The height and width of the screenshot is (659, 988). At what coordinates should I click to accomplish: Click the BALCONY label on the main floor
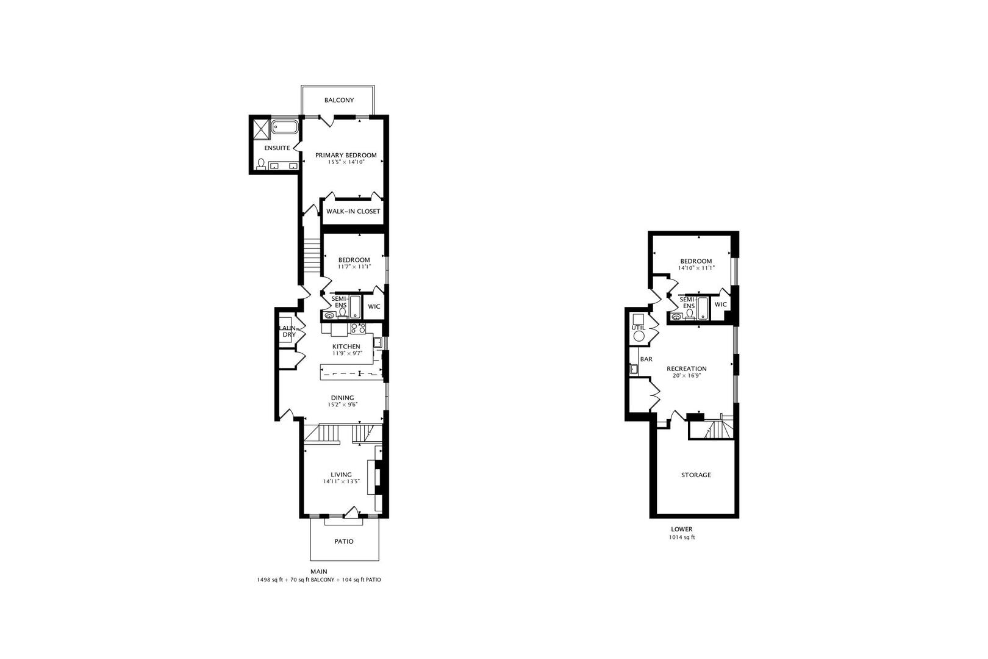point(339,100)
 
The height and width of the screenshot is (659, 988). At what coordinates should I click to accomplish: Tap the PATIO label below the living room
point(344,541)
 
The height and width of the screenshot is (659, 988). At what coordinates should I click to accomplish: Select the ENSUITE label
point(277,148)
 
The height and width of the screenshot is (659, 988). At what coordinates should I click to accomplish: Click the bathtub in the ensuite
point(284,128)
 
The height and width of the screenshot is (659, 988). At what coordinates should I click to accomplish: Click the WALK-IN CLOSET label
point(353,212)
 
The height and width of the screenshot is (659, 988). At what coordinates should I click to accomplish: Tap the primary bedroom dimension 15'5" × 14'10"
point(346,162)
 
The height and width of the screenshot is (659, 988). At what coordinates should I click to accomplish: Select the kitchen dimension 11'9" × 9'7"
point(346,353)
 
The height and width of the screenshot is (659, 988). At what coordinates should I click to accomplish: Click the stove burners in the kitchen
point(358,328)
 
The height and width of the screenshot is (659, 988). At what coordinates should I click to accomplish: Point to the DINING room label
point(342,398)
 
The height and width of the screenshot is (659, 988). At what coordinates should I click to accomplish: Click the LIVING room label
point(342,475)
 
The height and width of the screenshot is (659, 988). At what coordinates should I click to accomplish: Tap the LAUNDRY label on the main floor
point(288,331)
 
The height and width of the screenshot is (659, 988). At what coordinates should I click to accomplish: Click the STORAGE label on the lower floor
point(696,475)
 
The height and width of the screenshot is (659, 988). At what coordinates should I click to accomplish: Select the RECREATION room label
point(687,369)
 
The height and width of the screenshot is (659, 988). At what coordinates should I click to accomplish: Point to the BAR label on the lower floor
point(646,359)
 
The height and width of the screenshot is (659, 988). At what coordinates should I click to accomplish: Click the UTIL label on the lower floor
point(639,328)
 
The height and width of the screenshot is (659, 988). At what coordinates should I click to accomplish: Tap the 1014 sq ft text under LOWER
point(682,538)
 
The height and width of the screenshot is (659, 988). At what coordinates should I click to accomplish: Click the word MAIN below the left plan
point(318,572)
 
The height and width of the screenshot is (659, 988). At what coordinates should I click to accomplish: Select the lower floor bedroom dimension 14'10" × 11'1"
point(696,268)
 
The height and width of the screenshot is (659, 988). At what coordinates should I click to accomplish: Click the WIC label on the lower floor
point(721,304)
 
